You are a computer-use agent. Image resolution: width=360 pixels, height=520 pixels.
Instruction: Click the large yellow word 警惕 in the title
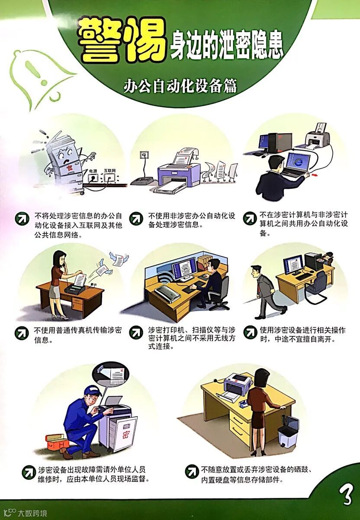[122, 41]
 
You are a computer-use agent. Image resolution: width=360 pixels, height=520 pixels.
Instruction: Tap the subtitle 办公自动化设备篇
[180, 86]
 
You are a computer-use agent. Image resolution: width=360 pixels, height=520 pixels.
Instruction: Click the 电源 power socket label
[93, 171]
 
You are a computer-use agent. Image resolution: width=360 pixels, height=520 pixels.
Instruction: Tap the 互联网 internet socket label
[110, 170]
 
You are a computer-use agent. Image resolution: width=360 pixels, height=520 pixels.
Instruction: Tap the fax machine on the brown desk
[75, 286]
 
